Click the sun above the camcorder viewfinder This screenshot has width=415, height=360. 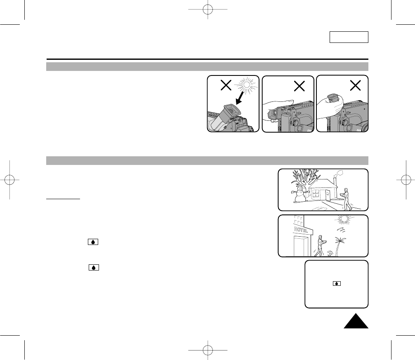coord(246,85)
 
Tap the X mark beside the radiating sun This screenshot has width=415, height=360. coord(226,85)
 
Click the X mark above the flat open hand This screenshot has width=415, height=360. coord(299,86)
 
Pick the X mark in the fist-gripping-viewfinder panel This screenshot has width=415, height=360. coord(355,85)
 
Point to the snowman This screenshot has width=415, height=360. coord(299,194)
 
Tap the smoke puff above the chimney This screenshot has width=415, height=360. coord(339,173)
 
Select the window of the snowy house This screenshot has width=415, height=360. coord(316,194)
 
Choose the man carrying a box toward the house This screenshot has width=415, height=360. coord(347,199)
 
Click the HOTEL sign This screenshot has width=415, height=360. coord(301,229)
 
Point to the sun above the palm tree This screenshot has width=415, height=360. coord(344,219)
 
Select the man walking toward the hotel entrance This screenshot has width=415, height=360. coord(320,246)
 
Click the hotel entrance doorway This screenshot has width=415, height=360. coord(301,246)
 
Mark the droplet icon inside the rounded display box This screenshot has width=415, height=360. coord(337,284)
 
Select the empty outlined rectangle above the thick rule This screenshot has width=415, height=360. coord(349,37)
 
